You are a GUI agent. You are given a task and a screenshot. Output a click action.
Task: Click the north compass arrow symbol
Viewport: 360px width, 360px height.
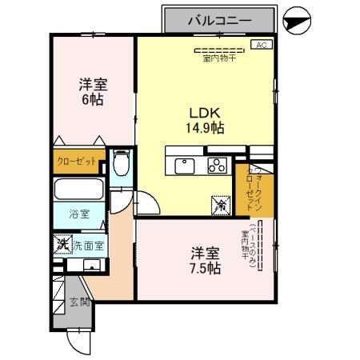click(x=296, y=22)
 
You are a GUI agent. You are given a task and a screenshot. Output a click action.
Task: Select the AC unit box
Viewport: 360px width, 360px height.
click(x=261, y=46)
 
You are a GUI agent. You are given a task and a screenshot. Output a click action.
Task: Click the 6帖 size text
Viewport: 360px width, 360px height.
click(x=93, y=100)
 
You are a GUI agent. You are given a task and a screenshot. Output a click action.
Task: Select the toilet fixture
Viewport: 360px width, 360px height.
click(x=120, y=165)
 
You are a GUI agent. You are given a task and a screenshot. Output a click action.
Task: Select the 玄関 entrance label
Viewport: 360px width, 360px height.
click(x=78, y=302)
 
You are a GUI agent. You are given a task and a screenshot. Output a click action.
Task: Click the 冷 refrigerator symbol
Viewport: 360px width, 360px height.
click(x=219, y=206)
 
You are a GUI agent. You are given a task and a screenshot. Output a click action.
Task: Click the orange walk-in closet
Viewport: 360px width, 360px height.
click(x=250, y=192)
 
